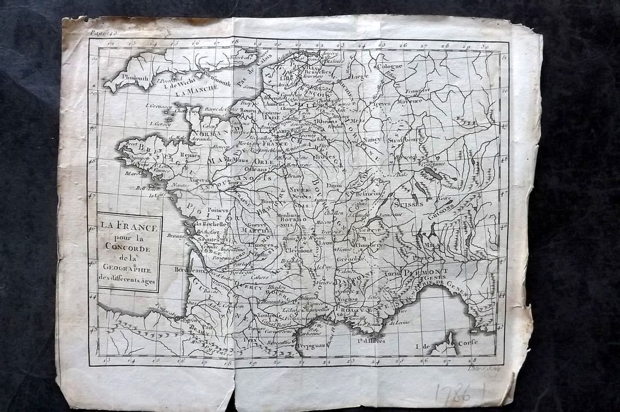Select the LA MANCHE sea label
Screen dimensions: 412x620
pos(193,94)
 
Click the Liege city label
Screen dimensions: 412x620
pos(359,77)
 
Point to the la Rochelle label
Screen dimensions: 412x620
pos(211,224)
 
